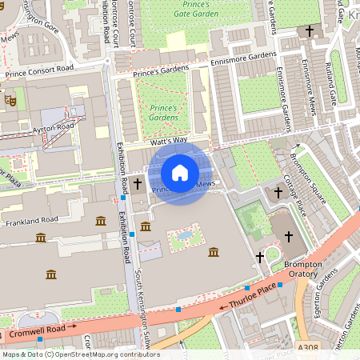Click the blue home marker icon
(x=180, y=172)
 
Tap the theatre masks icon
(x=10, y=100)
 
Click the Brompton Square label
(x=313, y=173)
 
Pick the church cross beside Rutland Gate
(x=310, y=30)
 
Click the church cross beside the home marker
(x=137, y=185)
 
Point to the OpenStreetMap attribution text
(x=80, y=354)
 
